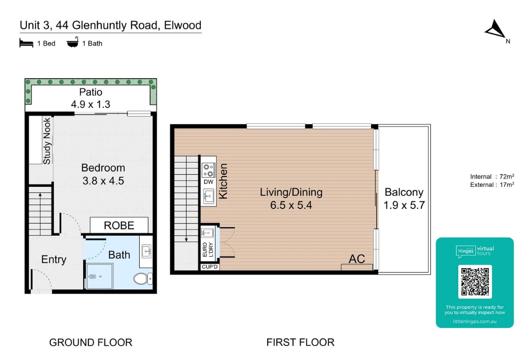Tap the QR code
[x=475, y=281]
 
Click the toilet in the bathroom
[x=143, y=279]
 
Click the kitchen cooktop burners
[x=208, y=169]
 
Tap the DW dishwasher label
[x=208, y=182]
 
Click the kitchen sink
[x=209, y=196]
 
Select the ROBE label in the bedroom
[x=119, y=225]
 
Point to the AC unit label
[x=357, y=259]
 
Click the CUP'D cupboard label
[x=209, y=267]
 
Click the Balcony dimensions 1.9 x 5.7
[x=404, y=205]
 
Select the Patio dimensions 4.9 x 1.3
[x=90, y=104]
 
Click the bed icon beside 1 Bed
[x=26, y=43]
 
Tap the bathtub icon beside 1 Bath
[x=72, y=43]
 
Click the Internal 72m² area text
[x=492, y=176]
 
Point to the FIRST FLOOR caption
[x=300, y=343]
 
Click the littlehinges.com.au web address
[x=475, y=322]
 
